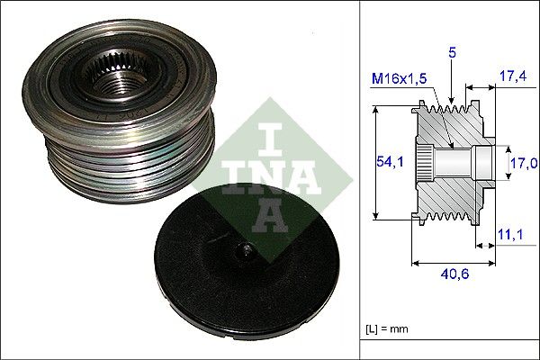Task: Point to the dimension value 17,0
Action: pyautogui.click(x=524, y=163)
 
